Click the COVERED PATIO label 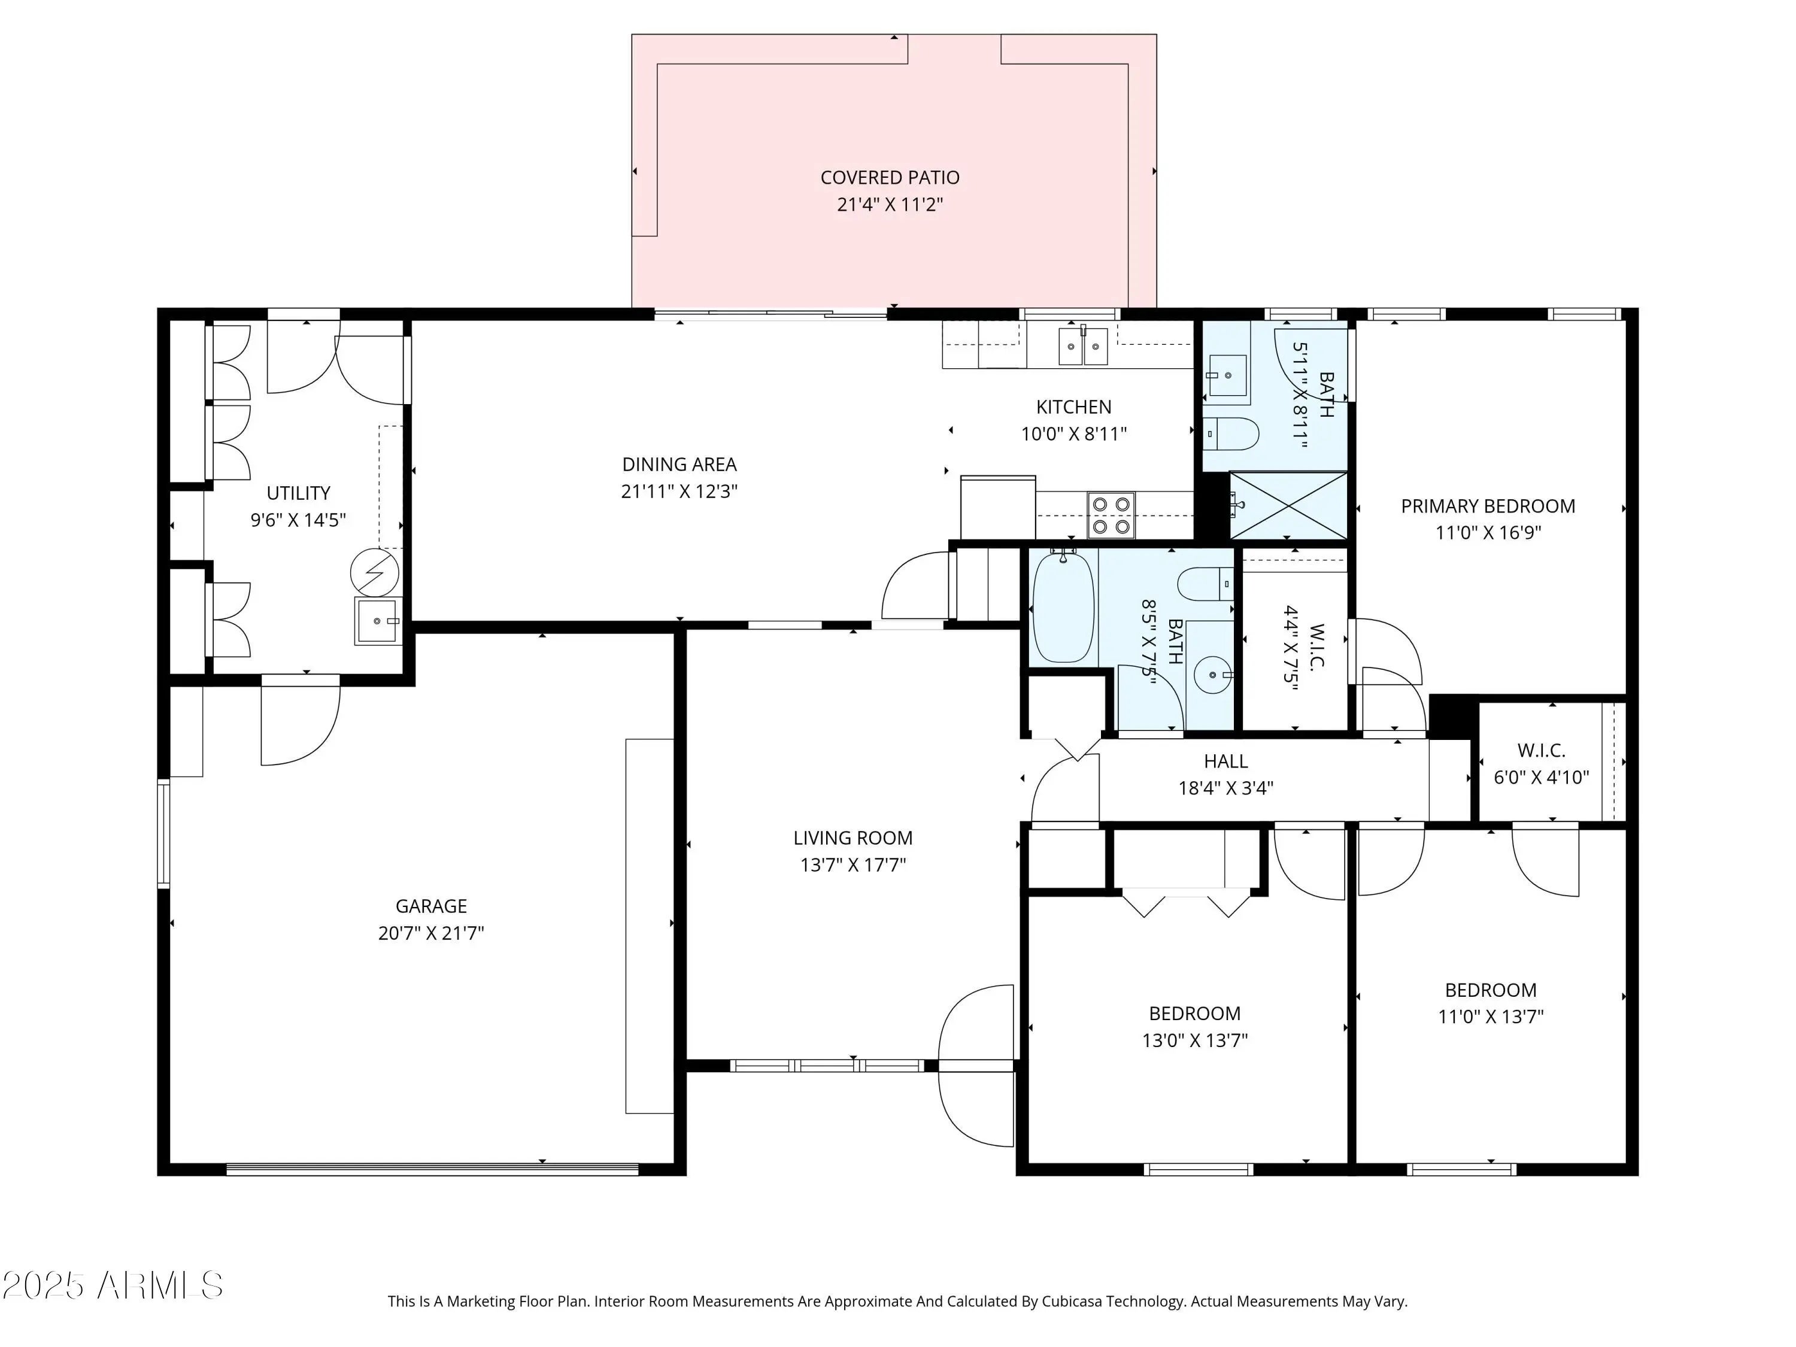890,178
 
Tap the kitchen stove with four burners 1112,515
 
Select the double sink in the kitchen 1083,347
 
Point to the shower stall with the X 1288,505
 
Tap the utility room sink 378,621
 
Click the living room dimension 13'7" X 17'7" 853,864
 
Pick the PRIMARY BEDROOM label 1488,506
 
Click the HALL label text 1226,762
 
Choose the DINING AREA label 679,465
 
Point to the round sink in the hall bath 1213,675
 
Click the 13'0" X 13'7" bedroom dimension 1195,1040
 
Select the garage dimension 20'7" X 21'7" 431,933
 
